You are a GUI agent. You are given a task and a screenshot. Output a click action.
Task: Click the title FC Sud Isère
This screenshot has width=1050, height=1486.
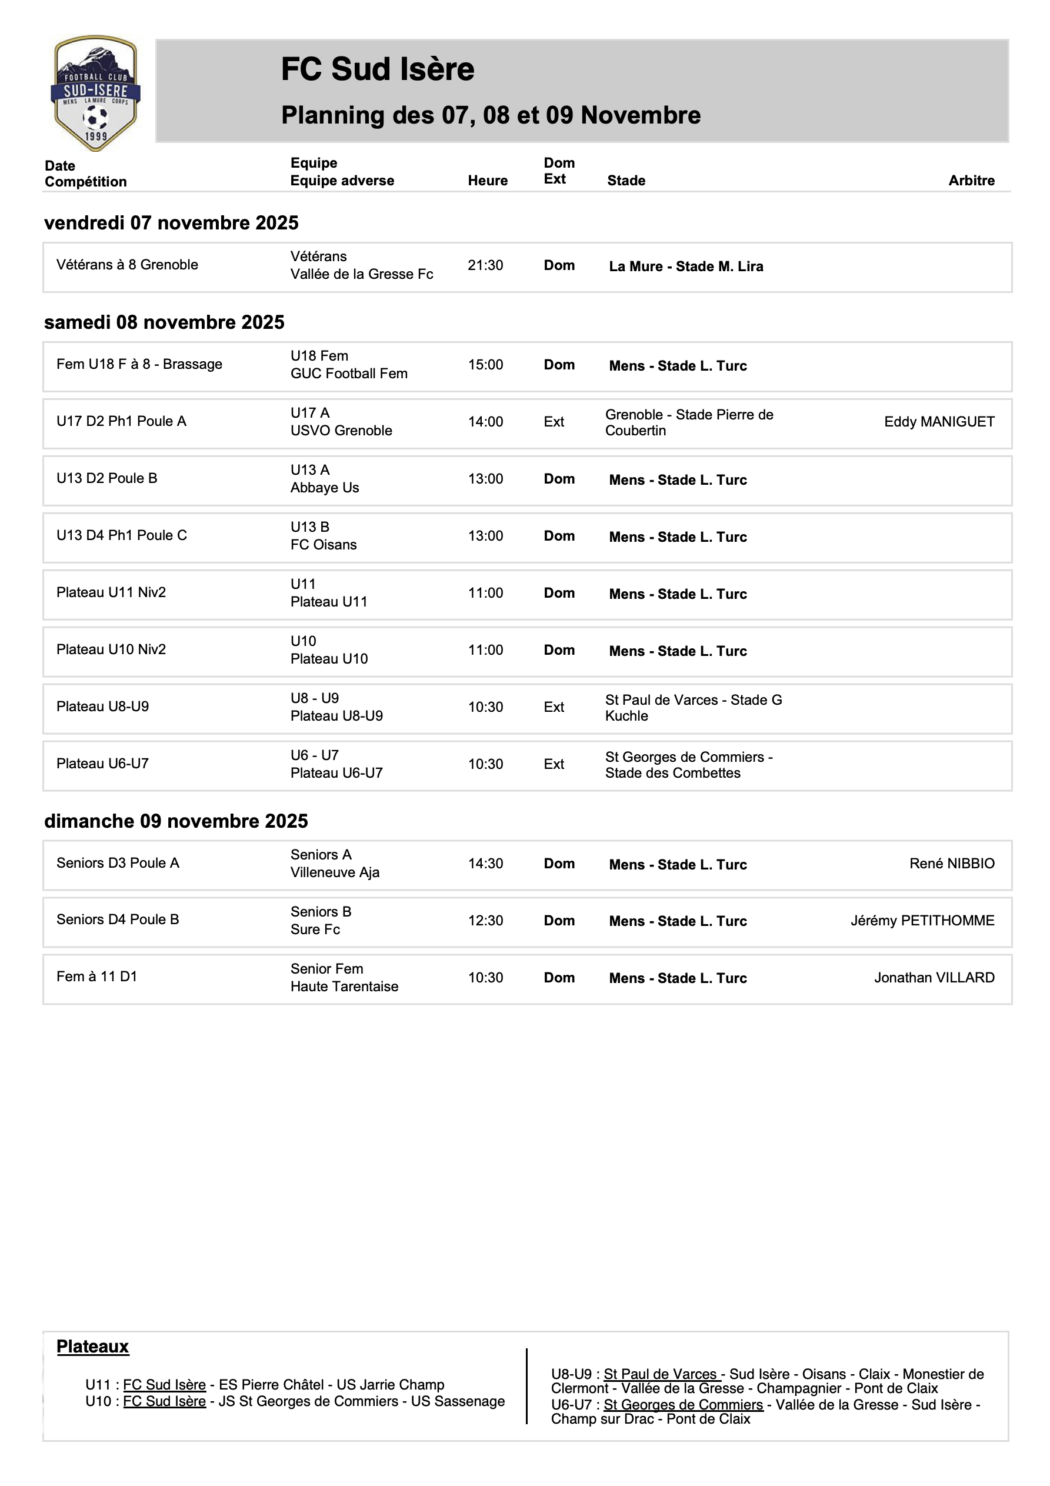point(378,69)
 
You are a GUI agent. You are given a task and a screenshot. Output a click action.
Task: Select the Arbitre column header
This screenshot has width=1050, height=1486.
point(971,181)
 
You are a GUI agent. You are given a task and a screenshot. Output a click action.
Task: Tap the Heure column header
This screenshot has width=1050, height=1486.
point(488,181)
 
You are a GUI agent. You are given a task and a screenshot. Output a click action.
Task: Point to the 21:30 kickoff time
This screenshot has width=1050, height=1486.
point(485,265)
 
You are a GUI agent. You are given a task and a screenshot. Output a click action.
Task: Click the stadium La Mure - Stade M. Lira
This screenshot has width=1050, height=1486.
point(685,266)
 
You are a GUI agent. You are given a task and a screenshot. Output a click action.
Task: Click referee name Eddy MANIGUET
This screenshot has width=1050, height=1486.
point(939,422)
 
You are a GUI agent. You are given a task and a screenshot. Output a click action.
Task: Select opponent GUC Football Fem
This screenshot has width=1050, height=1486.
point(349,374)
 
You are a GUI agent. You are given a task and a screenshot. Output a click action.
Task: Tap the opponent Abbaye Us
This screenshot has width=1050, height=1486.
point(324,488)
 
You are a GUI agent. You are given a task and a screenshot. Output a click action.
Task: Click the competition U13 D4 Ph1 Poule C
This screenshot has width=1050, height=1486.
point(122,535)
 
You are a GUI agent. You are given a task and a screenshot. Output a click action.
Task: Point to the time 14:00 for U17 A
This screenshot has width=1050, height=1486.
point(485,422)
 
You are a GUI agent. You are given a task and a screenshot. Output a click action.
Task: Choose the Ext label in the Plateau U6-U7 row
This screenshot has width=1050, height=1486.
point(554,764)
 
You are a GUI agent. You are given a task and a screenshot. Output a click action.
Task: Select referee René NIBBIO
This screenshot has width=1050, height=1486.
point(952,864)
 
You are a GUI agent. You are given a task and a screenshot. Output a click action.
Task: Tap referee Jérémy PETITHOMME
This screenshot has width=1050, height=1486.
point(922,920)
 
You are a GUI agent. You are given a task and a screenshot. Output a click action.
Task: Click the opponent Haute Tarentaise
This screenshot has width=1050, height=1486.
point(344,987)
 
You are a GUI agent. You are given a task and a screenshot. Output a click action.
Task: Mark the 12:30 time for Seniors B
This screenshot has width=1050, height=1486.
point(485,920)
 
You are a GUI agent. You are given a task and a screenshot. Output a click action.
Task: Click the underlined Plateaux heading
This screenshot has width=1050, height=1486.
point(92,1347)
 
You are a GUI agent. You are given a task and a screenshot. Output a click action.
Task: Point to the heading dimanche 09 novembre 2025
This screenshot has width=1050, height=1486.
point(175,821)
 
